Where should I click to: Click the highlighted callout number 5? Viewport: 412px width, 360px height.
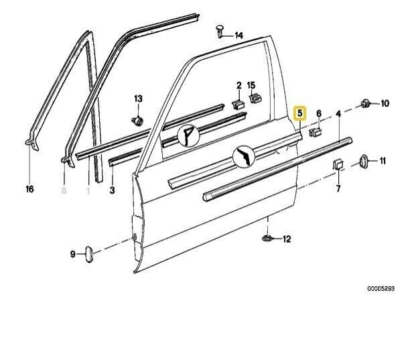[301, 113]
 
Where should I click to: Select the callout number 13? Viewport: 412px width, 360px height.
[139, 99]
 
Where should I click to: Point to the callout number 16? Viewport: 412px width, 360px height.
[29, 190]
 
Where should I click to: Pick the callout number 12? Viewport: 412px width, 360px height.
[287, 239]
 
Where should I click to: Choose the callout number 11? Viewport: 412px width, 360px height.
[383, 161]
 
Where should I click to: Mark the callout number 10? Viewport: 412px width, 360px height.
[385, 103]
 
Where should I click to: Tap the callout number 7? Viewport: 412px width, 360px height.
[338, 189]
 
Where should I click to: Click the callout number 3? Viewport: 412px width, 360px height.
[112, 190]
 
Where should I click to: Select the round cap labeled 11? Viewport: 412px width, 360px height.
[364, 160]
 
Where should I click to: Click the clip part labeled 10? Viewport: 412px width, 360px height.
[365, 103]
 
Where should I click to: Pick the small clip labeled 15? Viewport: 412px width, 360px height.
[254, 99]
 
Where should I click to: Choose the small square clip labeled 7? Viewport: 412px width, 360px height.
[338, 164]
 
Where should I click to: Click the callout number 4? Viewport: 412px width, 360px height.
[338, 113]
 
